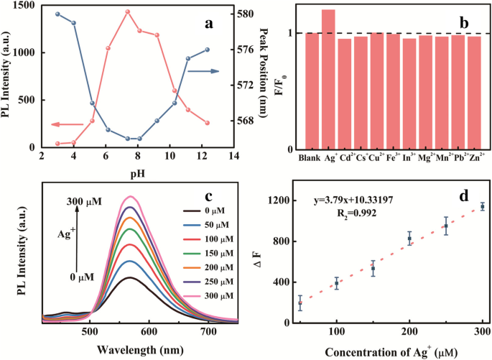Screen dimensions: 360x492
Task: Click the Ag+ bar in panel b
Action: tap(328, 79)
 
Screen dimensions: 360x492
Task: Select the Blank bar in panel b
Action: tap(312, 90)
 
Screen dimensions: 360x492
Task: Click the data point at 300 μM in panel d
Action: tap(482, 206)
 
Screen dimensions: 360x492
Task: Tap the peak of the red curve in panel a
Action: tap(127, 11)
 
